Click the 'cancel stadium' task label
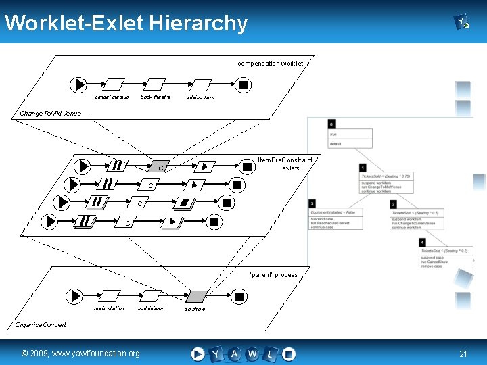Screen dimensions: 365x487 coord(112,97)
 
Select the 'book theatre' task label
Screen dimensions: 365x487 coord(156,97)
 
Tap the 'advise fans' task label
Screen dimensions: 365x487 coord(200,98)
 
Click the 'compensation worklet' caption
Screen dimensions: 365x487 coord(270,64)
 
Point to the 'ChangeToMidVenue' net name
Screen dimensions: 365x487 coord(51,114)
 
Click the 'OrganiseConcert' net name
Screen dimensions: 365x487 coord(41,325)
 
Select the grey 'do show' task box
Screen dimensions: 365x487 coord(196,296)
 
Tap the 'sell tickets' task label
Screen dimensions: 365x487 coord(150,309)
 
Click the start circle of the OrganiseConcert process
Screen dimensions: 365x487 coord(75,296)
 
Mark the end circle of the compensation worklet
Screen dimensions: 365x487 coord(243,85)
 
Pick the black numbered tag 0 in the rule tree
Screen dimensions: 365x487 coord(331,124)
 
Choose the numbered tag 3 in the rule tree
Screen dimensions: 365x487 coord(312,203)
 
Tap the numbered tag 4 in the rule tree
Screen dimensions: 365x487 coord(422,242)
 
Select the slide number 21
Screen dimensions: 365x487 coord(463,354)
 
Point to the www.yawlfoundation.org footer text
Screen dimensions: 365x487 coord(80,353)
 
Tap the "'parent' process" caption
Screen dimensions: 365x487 coord(273,275)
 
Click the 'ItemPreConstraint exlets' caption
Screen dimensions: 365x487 coord(285,164)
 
